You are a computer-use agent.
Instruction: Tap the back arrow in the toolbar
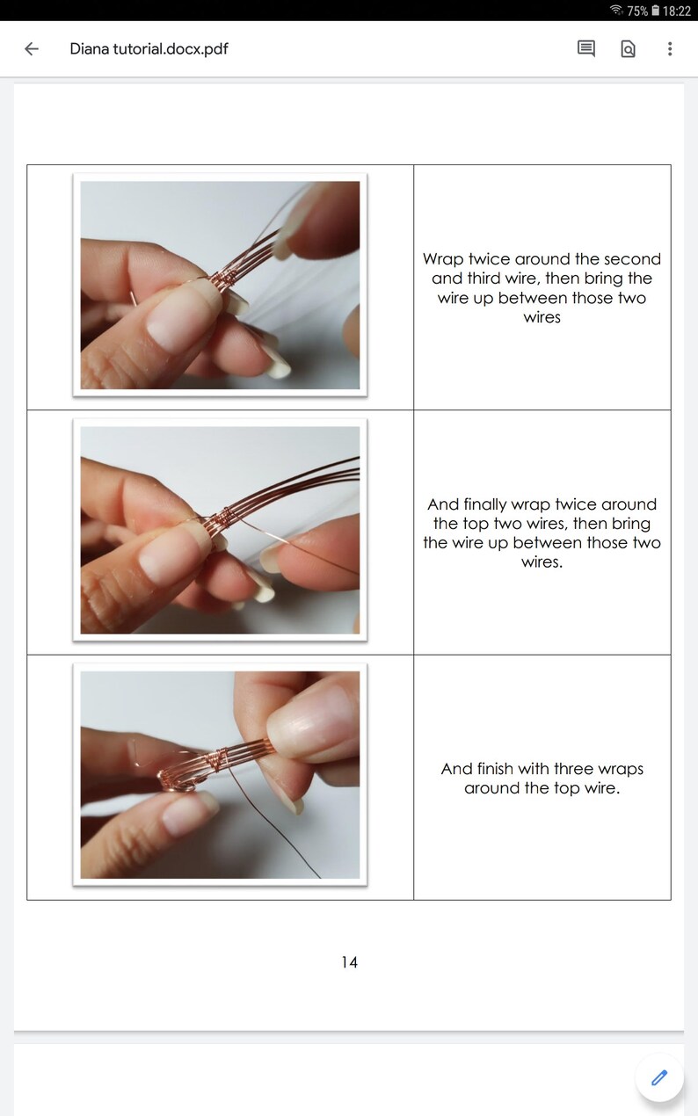tap(32, 49)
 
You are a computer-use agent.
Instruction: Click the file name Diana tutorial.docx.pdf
tap(149, 49)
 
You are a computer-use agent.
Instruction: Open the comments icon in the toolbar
tap(585, 49)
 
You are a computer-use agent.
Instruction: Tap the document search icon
tap(628, 49)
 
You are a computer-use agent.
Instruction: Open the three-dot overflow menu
tap(670, 49)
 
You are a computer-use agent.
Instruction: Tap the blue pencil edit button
tap(659, 1077)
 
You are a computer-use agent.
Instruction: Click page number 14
tap(349, 962)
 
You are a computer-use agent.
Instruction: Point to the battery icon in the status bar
tap(656, 11)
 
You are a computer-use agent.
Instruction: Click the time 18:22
tap(677, 11)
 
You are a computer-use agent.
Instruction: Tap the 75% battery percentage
tap(637, 11)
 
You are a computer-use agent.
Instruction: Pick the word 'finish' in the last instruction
tap(495, 769)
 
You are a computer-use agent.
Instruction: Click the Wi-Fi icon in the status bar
tap(617, 10)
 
